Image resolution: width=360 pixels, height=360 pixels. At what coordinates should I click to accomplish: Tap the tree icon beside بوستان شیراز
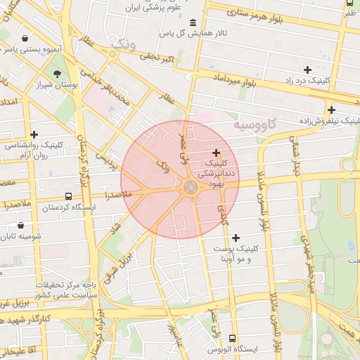coord(57,73)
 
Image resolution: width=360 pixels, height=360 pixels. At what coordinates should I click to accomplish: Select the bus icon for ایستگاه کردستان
coord(68,197)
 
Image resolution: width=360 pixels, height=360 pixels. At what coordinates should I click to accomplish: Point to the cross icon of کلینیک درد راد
coord(307,70)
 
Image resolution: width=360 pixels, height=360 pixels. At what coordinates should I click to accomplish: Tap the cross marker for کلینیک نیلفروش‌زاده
coord(331,110)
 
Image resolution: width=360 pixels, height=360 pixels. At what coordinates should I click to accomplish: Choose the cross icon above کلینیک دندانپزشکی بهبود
coord(215,153)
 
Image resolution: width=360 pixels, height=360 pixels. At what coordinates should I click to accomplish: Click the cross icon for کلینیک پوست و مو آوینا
coord(236,238)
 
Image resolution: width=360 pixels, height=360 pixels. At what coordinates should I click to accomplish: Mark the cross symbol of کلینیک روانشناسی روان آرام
coord(34,134)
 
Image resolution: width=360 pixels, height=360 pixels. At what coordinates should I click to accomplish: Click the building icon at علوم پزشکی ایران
coord(193,22)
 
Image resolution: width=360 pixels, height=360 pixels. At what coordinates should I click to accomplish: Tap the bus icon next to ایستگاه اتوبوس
coord(212,349)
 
